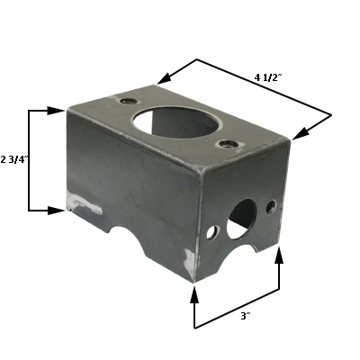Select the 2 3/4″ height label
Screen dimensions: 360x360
14,159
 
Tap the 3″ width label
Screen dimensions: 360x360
244,316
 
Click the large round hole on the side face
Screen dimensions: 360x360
241,218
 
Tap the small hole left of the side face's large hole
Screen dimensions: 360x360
212,232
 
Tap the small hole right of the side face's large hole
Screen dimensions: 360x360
270,207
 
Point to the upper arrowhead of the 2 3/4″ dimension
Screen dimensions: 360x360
56,111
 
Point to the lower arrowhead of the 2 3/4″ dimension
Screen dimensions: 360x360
56,210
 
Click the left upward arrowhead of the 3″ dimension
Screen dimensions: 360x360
195,293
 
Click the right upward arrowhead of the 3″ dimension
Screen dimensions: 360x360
278,256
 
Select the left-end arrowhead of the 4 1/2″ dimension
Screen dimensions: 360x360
167,79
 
